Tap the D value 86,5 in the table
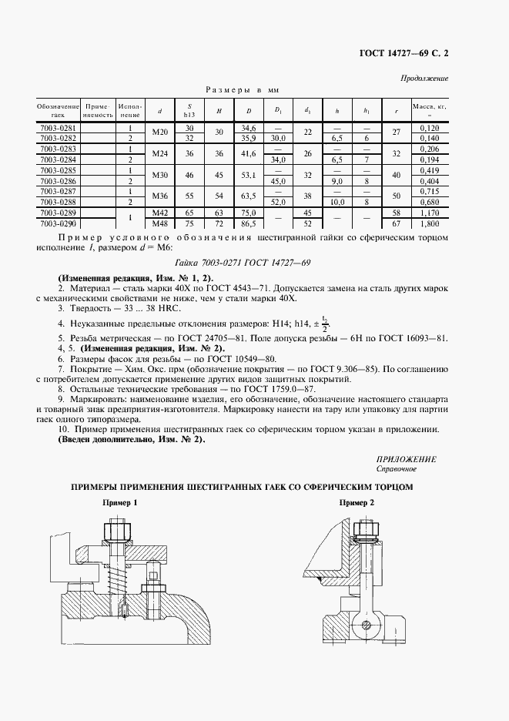pos(248,223)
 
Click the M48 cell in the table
pos(159,223)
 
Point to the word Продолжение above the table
pos(424,79)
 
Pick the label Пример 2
pos(357,502)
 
